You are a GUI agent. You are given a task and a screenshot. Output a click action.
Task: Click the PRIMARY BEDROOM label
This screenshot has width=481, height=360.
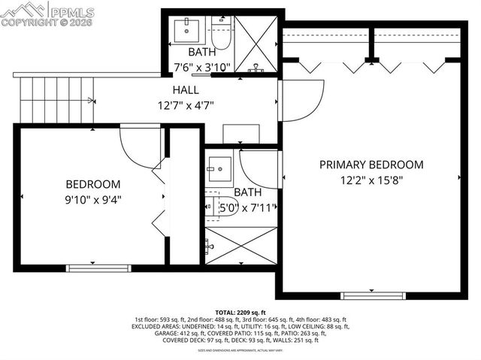[x=371, y=165]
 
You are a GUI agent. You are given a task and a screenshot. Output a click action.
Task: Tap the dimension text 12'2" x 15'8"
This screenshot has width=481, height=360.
[x=371, y=180]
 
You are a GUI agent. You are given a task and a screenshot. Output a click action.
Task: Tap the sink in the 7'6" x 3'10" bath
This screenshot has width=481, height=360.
[x=185, y=30]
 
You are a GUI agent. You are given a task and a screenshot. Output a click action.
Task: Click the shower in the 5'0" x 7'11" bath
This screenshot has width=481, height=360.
[x=240, y=246]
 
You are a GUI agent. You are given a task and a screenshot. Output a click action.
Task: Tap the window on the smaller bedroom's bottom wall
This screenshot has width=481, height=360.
[x=88, y=268]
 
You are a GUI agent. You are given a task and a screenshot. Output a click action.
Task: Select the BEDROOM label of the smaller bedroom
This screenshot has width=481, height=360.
[x=92, y=184]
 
